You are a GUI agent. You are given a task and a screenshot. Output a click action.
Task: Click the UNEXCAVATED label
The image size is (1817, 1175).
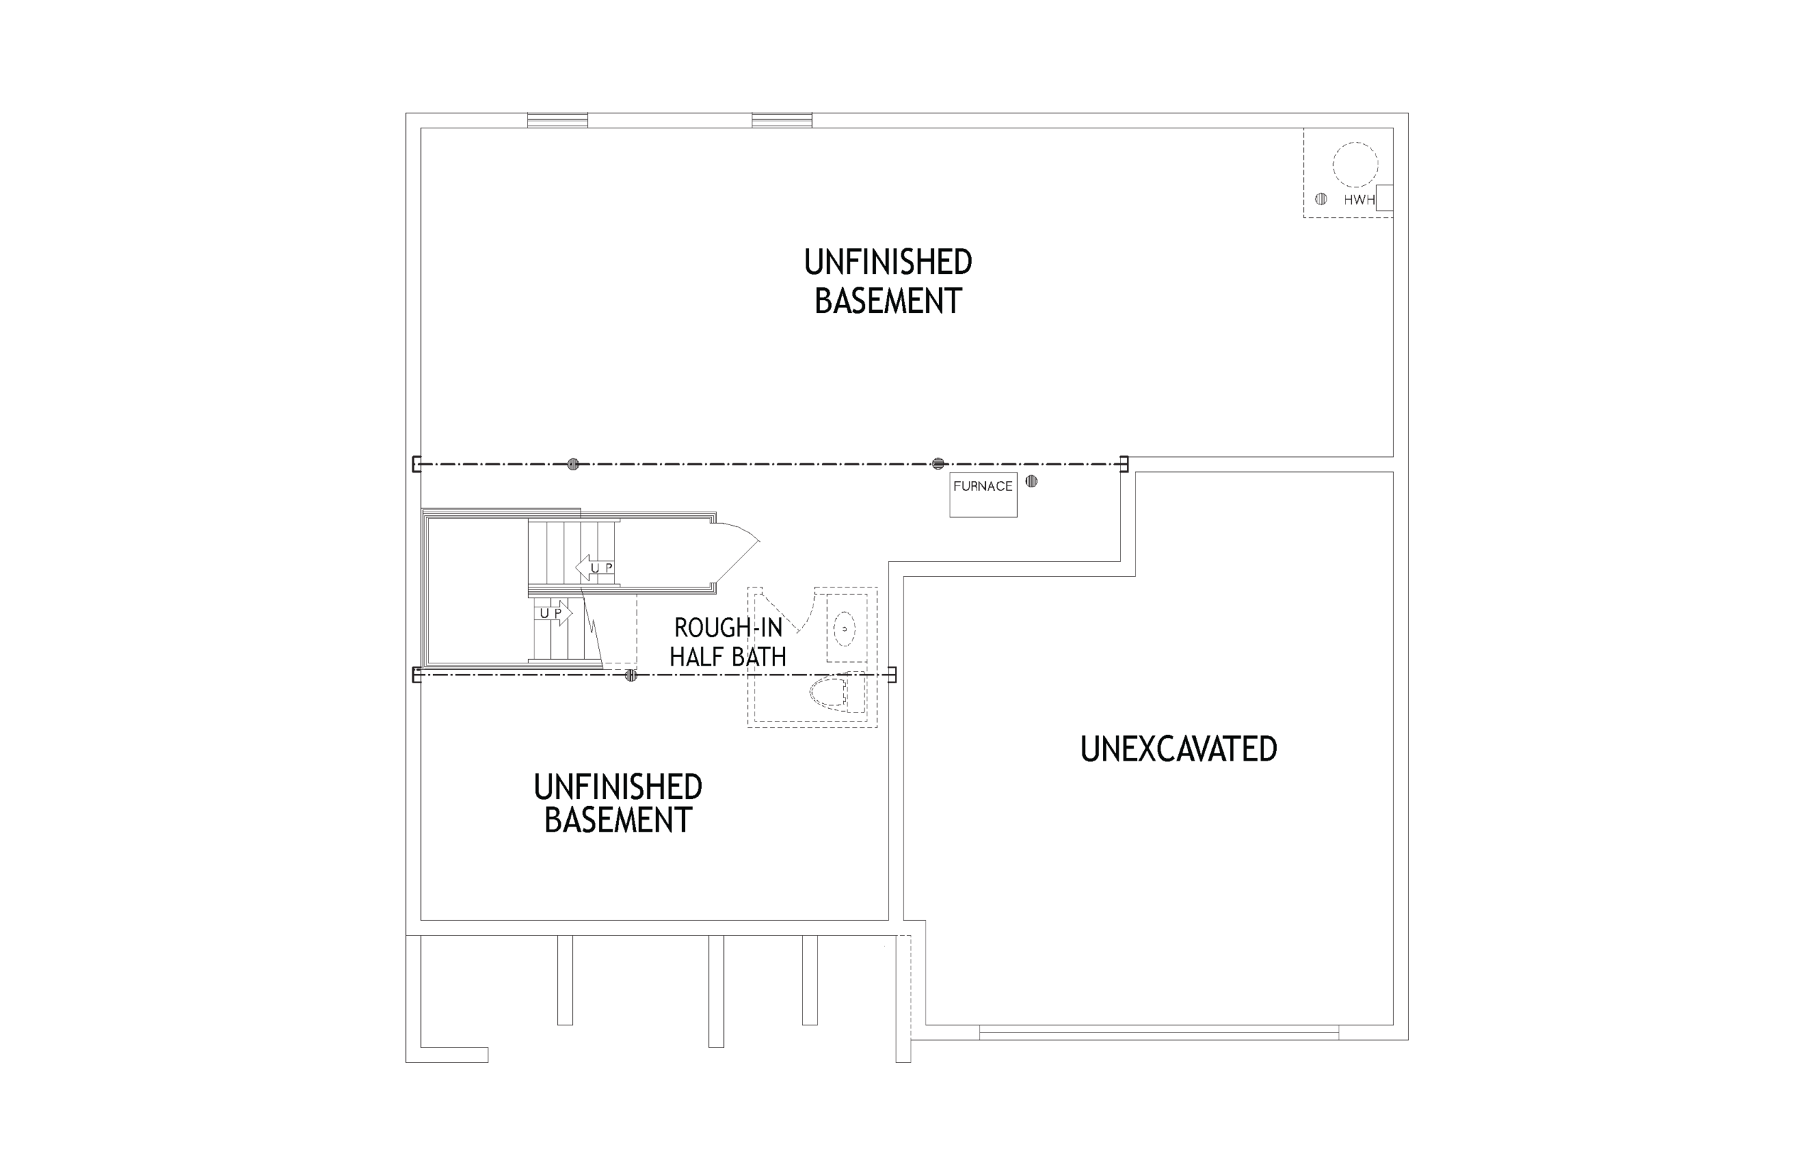(x=1178, y=749)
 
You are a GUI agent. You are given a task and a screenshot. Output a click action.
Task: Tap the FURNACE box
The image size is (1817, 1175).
(x=983, y=495)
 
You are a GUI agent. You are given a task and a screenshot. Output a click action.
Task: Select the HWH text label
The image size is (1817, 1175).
(x=1358, y=200)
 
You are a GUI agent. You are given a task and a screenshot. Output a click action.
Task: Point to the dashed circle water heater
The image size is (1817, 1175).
(x=1356, y=164)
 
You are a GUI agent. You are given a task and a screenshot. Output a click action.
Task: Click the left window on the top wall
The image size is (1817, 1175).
(x=557, y=120)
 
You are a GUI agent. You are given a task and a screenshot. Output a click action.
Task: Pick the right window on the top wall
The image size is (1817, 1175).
(x=781, y=120)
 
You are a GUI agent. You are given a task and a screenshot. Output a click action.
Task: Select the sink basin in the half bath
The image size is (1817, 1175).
(x=844, y=629)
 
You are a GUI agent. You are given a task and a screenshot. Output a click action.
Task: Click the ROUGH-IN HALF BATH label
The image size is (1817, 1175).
(x=728, y=641)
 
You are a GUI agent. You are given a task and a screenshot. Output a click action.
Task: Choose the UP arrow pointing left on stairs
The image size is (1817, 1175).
(x=595, y=568)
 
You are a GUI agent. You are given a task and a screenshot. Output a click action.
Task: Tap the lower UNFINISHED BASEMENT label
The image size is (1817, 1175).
(x=617, y=803)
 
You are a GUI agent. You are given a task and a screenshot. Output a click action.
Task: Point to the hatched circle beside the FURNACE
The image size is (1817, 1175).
(x=1031, y=482)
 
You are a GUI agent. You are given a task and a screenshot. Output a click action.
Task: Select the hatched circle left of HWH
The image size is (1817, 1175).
(x=1321, y=199)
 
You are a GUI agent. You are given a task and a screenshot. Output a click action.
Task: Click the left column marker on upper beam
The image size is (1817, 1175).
(x=573, y=464)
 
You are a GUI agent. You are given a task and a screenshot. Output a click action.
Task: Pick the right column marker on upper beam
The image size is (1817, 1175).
(x=938, y=464)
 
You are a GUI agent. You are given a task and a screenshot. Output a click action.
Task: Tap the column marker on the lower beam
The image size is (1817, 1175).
(x=631, y=675)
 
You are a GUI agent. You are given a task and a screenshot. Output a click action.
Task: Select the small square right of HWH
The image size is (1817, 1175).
(x=1385, y=198)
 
